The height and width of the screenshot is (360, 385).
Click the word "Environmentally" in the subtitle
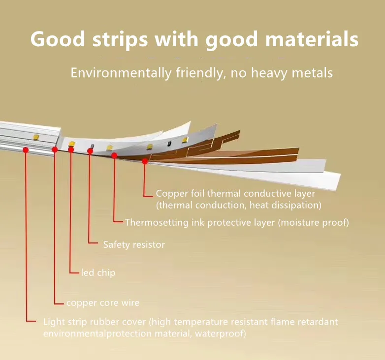(121, 73)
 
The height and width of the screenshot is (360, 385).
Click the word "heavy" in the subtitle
(264, 73)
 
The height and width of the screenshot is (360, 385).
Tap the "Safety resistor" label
(133, 244)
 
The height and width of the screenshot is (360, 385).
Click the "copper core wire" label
(102, 302)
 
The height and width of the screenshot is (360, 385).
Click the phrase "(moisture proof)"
(313, 223)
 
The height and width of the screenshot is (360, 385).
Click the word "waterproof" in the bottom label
(222, 334)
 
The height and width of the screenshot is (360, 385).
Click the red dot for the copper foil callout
(145, 161)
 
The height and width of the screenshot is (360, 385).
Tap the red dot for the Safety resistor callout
(90, 151)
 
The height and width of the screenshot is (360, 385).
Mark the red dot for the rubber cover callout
(25, 150)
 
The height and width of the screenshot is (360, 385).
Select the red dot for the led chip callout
(71, 150)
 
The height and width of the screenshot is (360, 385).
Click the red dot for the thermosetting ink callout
(114, 155)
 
